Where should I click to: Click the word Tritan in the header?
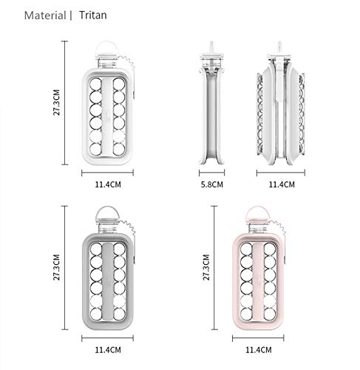coord(93,16)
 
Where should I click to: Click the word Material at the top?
coord(45,16)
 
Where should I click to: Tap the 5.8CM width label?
coord(212,184)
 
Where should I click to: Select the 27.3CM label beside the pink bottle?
coord(206,267)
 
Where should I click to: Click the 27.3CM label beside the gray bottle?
coord(57,267)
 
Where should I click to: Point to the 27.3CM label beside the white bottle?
coord(57,102)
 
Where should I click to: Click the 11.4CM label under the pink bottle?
coord(259,350)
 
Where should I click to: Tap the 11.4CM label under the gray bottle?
coord(108,350)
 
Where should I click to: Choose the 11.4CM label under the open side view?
coord(282,184)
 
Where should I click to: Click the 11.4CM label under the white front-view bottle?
coord(108,184)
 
